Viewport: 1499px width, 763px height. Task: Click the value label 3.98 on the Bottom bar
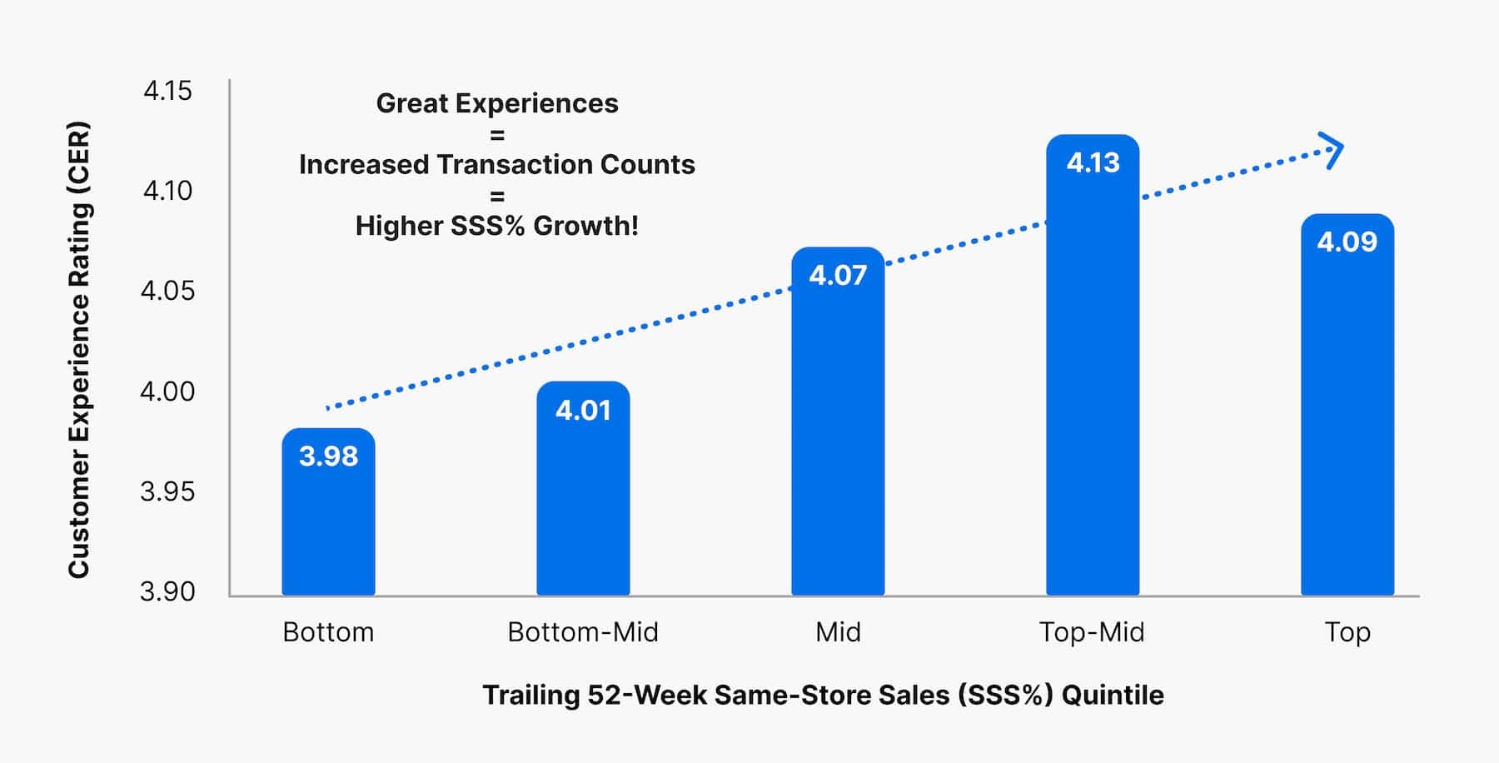(328, 456)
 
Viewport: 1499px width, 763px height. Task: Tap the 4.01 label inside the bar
(583, 411)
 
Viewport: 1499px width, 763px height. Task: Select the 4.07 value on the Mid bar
(838, 276)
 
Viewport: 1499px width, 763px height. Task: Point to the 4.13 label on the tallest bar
(1093, 162)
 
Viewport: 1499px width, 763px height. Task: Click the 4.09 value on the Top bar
(1347, 242)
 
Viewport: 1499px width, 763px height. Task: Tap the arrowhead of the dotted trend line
(1333, 151)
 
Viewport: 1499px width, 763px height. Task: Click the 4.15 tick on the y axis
(167, 90)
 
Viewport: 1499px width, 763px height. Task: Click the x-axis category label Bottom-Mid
(583, 632)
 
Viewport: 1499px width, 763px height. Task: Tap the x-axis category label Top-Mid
(1092, 632)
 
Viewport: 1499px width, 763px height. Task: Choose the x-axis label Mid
(838, 632)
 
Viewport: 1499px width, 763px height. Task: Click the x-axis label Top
(1347, 632)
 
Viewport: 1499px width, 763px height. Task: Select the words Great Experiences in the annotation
(497, 103)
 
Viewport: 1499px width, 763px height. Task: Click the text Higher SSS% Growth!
(497, 226)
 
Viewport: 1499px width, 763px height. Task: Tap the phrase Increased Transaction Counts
(497, 165)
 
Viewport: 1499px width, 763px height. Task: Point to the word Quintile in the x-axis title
(1113, 695)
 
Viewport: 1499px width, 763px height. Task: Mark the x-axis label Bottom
(328, 632)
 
